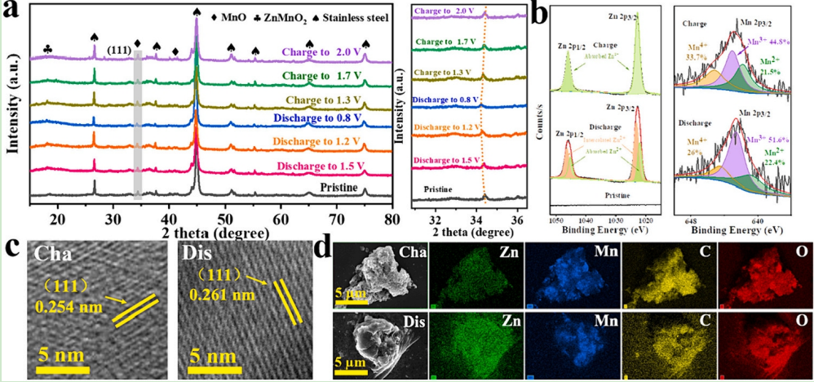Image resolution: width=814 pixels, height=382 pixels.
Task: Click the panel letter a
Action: point(11,11)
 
